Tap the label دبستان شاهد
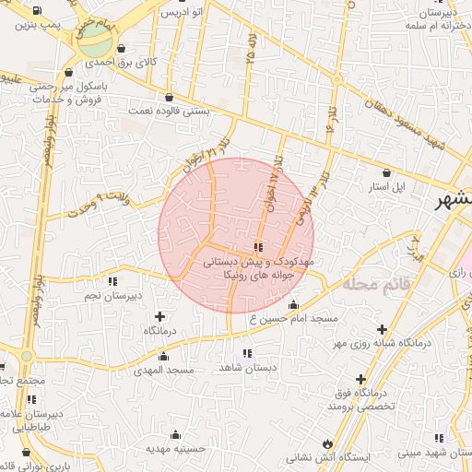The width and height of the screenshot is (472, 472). tap(247, 367)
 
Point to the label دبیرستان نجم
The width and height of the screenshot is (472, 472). tap(113, 295)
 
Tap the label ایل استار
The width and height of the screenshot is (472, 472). tap(386, 186)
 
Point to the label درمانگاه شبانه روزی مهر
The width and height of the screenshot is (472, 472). tap(381, 343)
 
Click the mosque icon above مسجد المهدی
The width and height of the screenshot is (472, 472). tap(164, 356)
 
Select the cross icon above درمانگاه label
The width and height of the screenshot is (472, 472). tap(161, 316)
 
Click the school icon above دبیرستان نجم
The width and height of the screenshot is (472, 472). tap(112, 281)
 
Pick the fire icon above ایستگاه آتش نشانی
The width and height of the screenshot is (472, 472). tap(327, 442)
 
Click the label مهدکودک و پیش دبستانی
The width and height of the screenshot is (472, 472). tap(257, 262)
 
